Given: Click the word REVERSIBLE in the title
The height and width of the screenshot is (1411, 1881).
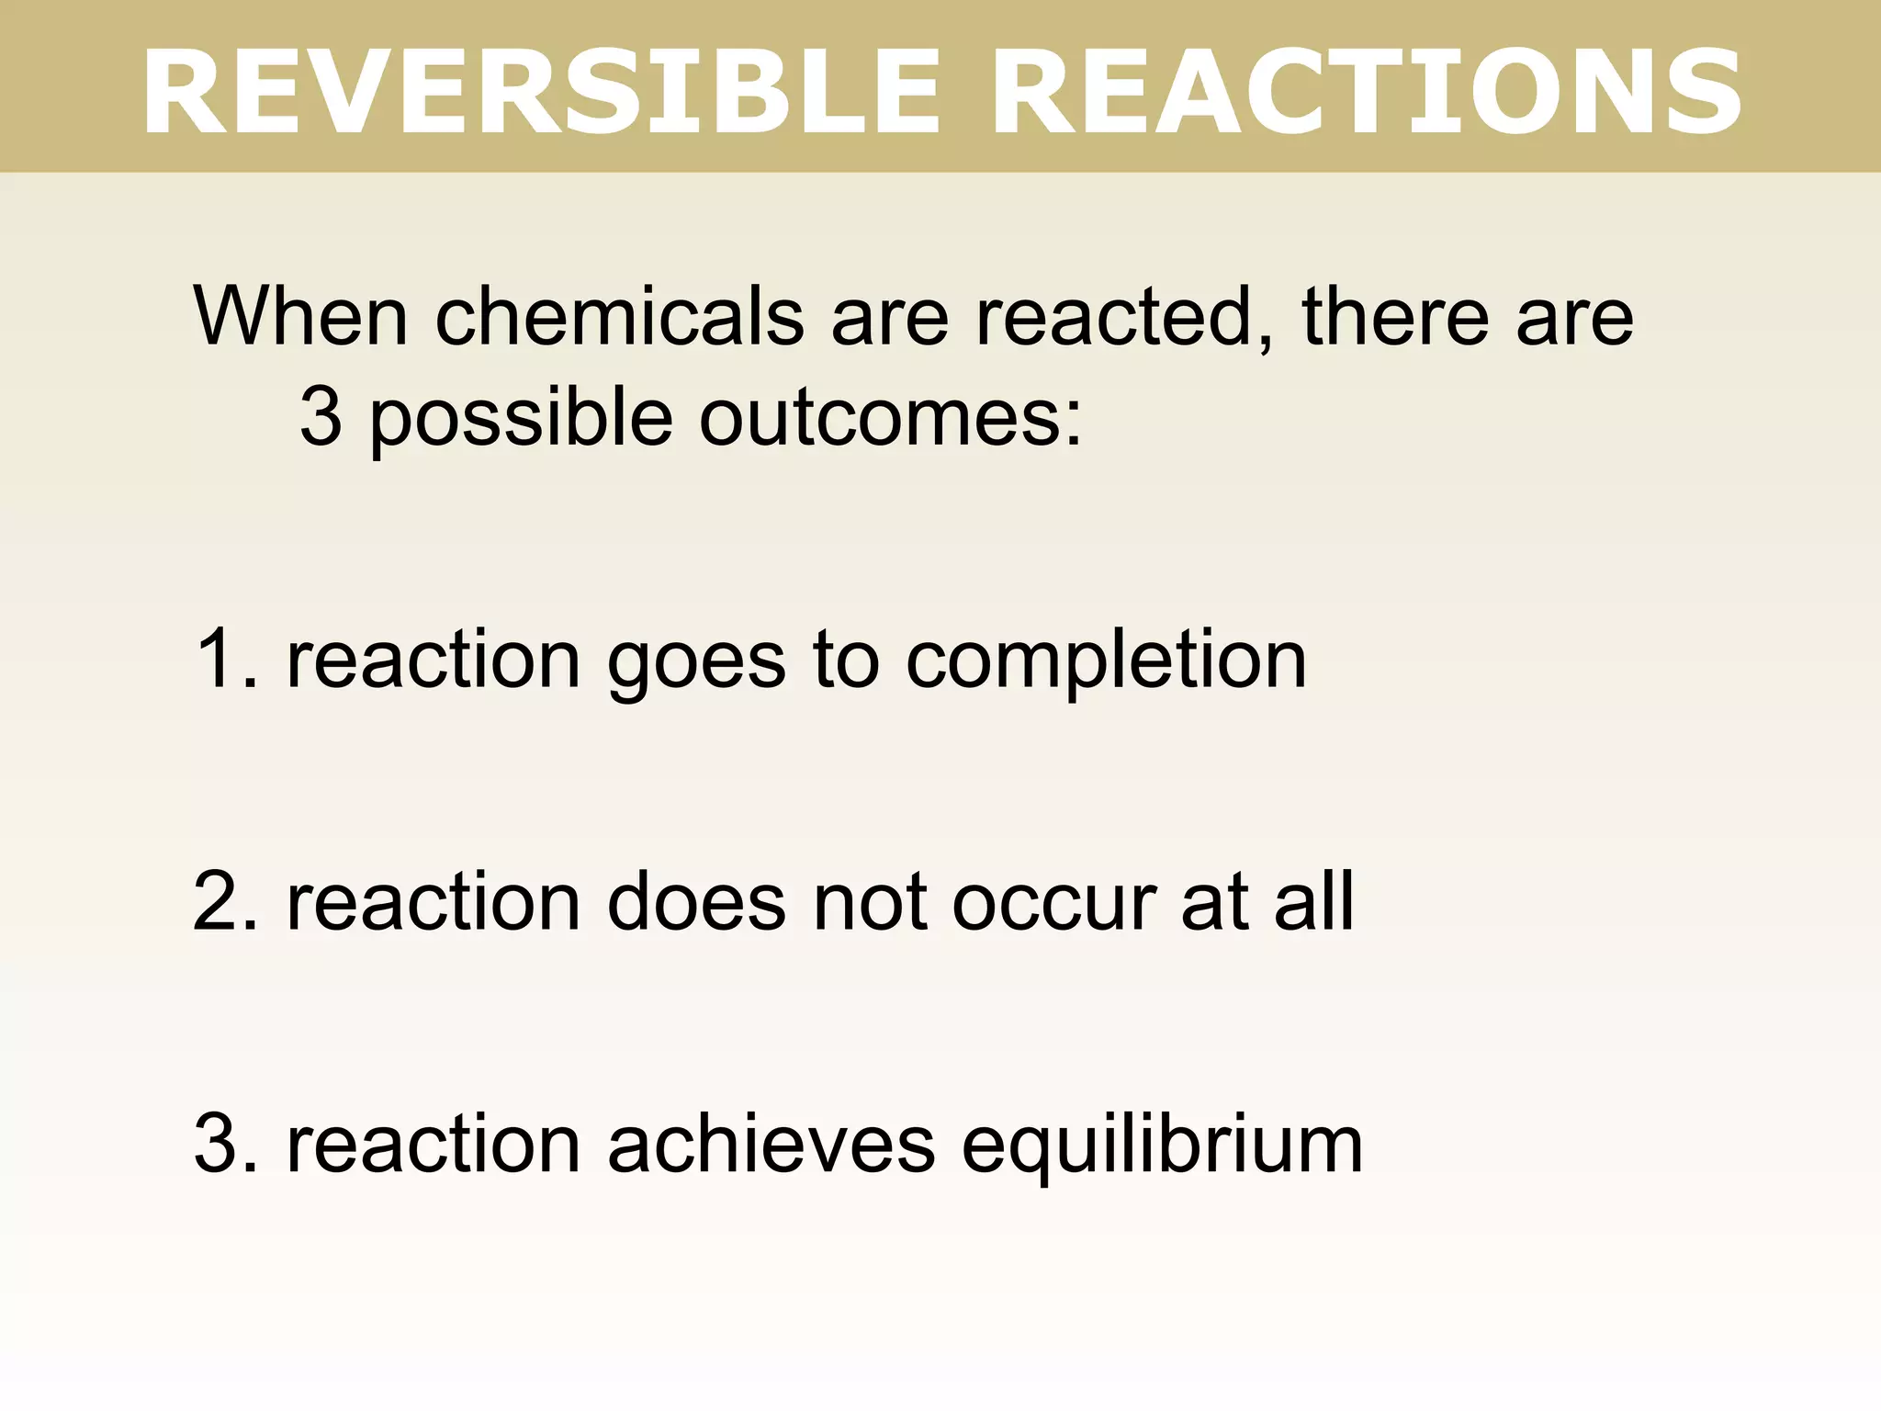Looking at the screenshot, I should [x=542, y=92].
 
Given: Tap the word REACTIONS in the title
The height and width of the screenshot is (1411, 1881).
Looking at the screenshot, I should [x=1366, y=92].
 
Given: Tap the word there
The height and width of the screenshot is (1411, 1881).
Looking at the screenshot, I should [x=1394, y=316].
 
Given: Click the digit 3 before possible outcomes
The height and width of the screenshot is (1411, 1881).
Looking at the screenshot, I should [x=321, y=417].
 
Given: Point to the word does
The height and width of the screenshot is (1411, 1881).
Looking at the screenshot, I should [x=697, y=901].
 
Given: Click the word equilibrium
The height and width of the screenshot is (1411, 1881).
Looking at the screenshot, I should [x=1162, y=1147].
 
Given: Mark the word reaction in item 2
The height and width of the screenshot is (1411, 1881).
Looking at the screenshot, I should [x=434, y=901].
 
